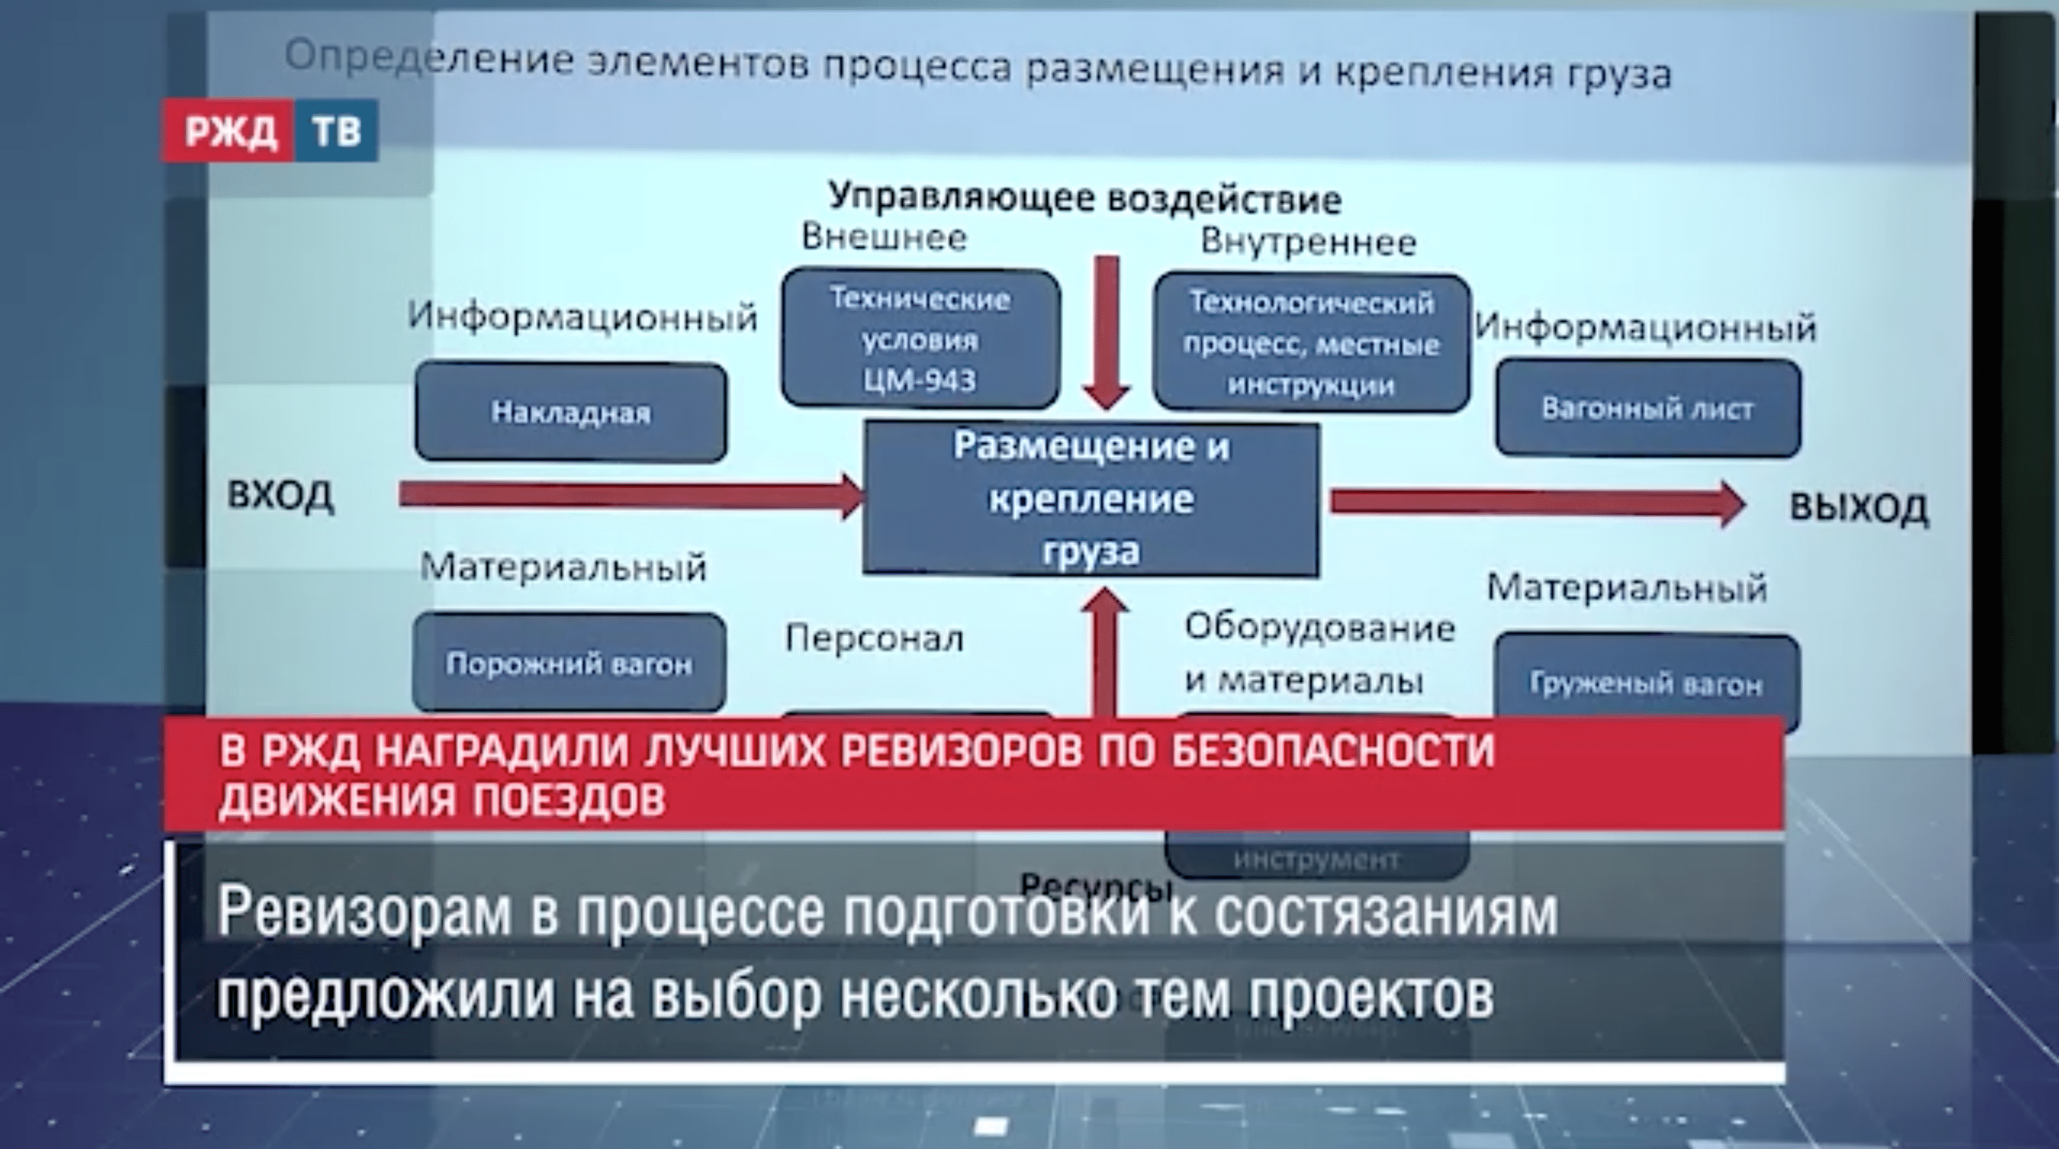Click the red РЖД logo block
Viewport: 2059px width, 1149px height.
tap(229, 131)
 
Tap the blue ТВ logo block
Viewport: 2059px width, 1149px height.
tap(336, 131)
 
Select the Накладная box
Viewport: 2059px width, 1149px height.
tap(571, 412)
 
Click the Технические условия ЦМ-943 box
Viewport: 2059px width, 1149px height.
tap(920, 339)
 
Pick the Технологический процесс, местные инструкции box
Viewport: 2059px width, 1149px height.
tap(1311, 344)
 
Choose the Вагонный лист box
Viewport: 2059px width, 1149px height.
tap(1647, 408)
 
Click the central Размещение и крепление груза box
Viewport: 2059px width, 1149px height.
tap(1091, 499)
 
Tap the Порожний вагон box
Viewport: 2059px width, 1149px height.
tap(569, 663)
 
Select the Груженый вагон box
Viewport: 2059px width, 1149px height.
tap(1646, 683)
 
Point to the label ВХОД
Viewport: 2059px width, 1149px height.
tap(280, 495)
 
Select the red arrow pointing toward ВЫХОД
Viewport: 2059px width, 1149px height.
tap(1535, 502)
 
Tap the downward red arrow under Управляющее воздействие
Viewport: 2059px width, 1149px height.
tap(1106, 332)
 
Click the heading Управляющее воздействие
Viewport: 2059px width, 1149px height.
tap(1085, 197)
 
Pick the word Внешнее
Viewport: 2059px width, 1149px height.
tap(884, 237)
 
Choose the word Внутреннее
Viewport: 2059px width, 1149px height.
tap(1308, 242)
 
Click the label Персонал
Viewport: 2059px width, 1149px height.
tap(874, 638)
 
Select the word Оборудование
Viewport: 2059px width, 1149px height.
tap(1319, 628)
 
